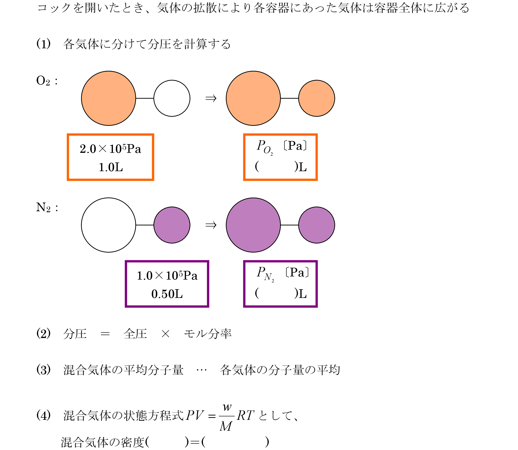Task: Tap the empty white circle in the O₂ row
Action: [172, 98]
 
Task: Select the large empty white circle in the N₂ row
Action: [108, 225]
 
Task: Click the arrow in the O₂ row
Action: [211, 98]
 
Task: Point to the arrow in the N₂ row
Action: [211, 225]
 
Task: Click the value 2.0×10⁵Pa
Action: [111, 149]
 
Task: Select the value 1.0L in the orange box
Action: [111, 167]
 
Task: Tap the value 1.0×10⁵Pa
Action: [167, 276]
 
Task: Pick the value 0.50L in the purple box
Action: [167, 294]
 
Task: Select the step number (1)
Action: [43, 44]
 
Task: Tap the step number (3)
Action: [43, 370]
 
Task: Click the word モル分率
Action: [207, 334]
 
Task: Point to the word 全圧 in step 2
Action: [135, 334]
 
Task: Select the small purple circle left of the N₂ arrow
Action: [172, 225]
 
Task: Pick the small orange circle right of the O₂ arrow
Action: [317, 98]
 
